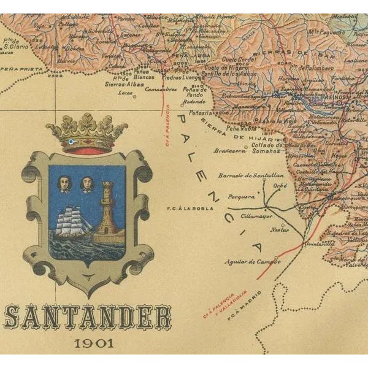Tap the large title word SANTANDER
87,318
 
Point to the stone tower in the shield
109,208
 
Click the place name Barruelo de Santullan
243,175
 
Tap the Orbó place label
280,185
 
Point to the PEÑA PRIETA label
17,72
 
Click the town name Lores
125,93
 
